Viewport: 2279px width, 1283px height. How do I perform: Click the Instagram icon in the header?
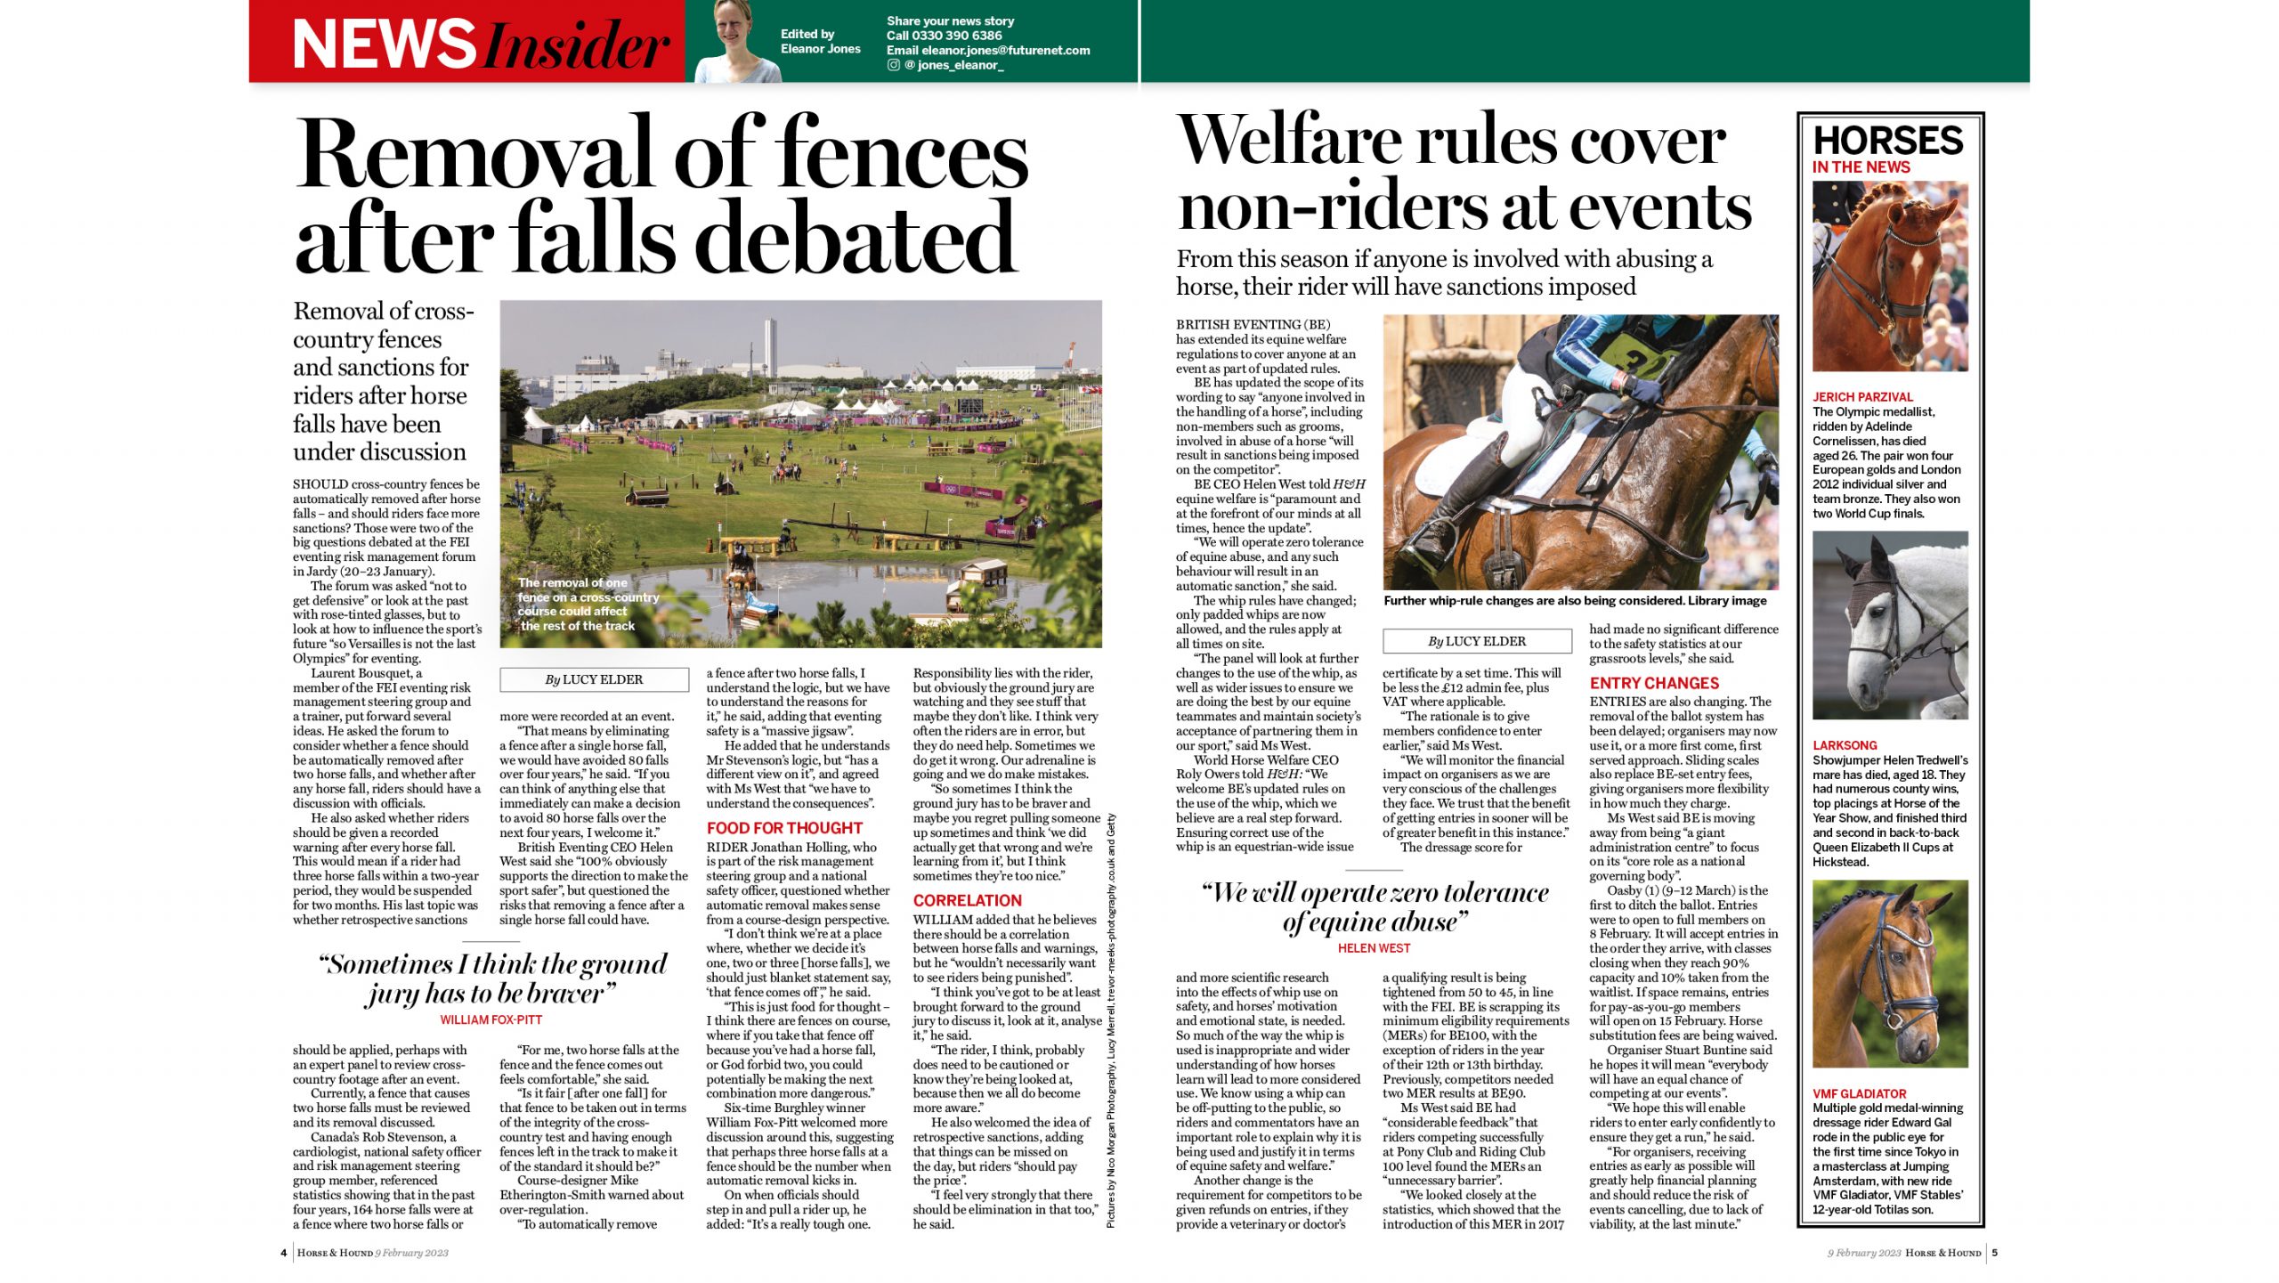click(893, 65)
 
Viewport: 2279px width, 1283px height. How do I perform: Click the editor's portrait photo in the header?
click(738, 42)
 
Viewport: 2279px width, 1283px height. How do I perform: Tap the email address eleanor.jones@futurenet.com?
click(1005, 51)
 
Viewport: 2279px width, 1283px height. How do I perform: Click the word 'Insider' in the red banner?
click(579, 45)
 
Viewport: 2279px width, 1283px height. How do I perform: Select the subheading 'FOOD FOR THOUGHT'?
click(784, 828)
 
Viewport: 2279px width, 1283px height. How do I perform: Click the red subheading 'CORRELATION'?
click(967, 901)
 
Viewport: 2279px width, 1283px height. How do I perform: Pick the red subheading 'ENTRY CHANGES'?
click(1654, 684)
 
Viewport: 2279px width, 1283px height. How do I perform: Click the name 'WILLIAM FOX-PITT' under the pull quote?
click(491, 1020)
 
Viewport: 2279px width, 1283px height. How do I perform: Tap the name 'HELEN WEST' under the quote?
click(1374, 949)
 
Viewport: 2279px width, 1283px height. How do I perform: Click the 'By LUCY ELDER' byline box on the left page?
click(594, 680)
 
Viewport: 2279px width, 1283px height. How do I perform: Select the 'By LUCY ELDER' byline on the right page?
click(1477, 642)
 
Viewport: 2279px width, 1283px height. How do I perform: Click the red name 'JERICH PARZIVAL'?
click(1862, 397)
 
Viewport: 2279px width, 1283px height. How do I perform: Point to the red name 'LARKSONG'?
click(1845, 746)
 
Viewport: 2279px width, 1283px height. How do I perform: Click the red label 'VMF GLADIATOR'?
click(1859, 1094)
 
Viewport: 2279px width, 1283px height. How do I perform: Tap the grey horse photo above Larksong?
click(1890, 625)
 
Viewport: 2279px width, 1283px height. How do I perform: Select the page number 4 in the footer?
click(284, 1254)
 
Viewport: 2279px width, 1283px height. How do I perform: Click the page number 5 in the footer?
click(1995, 1254)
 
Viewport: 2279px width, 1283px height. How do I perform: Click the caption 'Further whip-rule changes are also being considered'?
click(1574, 602)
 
